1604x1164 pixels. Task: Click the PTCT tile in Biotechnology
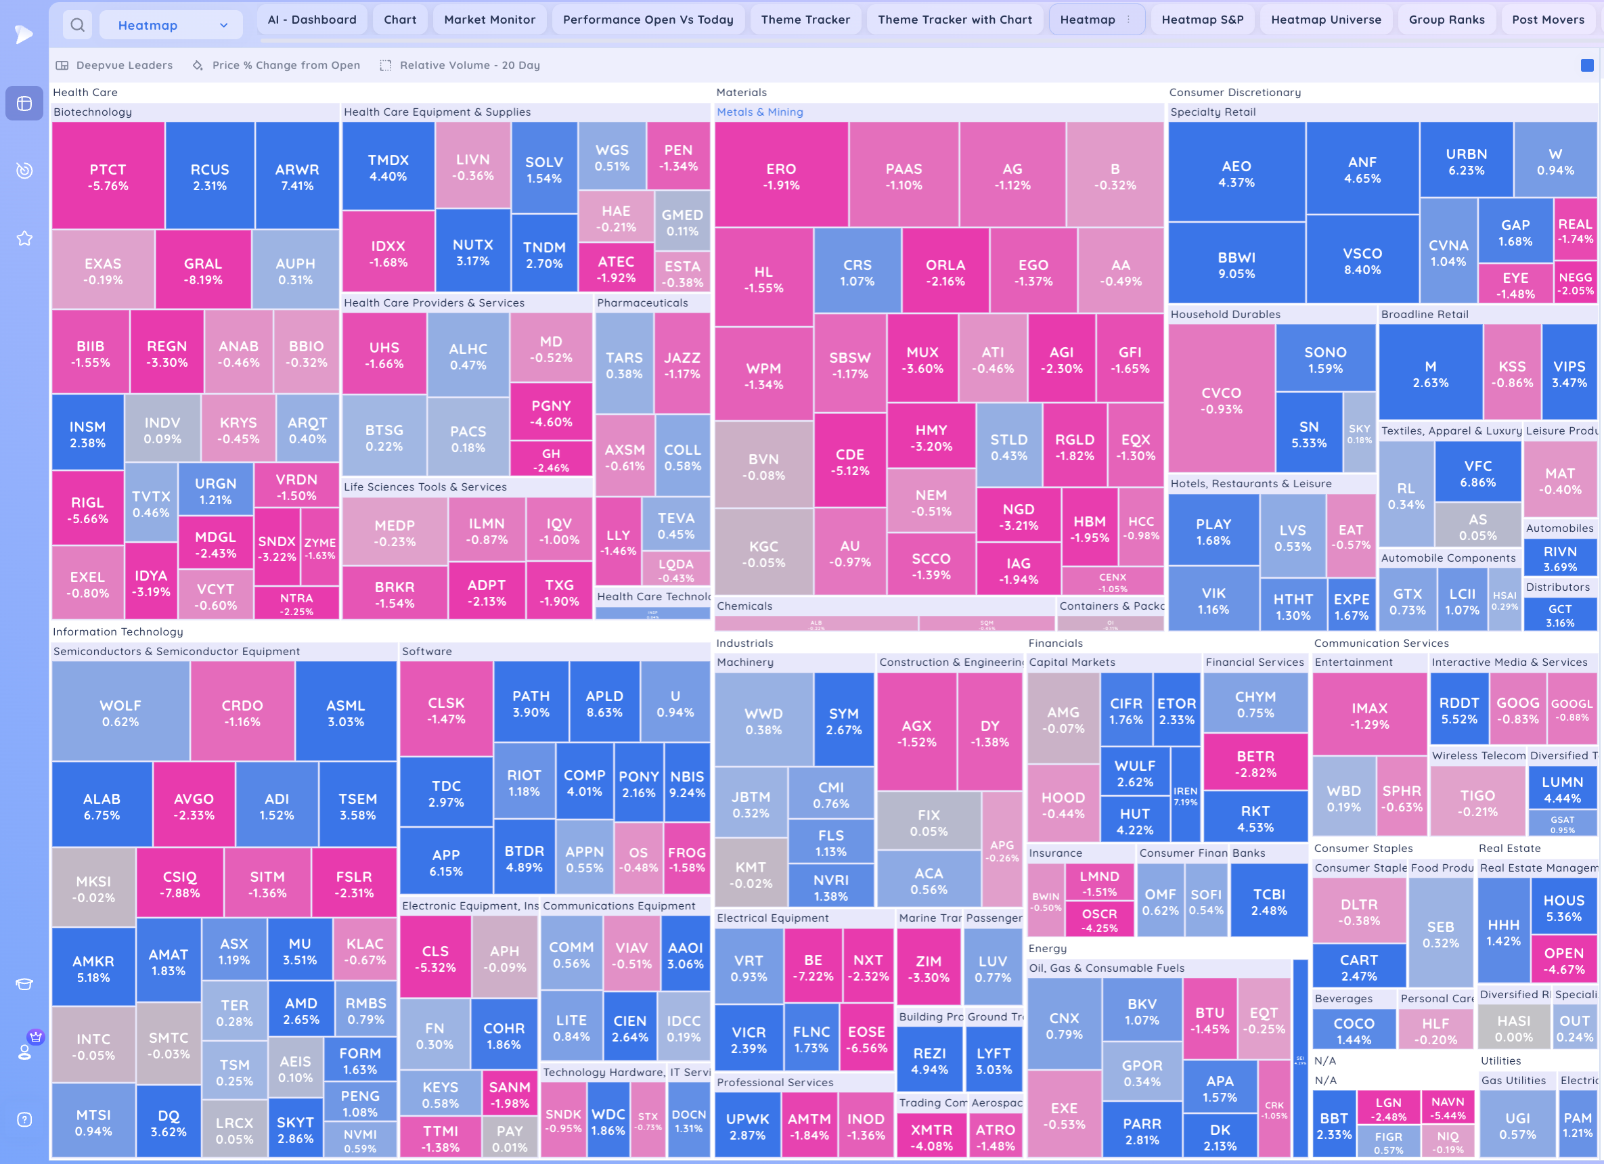coord(108,177)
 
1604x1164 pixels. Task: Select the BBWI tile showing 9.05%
coord(1237,265)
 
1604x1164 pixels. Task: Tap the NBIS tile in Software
coord(687,784)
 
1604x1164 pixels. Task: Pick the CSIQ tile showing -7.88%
coord(179,884)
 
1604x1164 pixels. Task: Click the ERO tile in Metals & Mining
coord(781,176)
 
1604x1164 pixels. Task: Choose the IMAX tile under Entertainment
coord(1369,715)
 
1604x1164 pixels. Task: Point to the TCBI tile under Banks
coord(1269,901)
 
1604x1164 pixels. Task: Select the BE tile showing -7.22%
coord(813,968)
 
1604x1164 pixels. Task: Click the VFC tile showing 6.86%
coord(1477,474)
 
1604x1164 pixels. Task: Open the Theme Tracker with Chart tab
coord(954,20)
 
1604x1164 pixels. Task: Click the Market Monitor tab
coord(489,20)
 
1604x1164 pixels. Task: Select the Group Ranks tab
coord(1446,20)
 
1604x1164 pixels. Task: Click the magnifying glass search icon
coord(78,26)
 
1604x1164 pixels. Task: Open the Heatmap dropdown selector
coord(171,26)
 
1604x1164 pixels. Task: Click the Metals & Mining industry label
coord(759,112)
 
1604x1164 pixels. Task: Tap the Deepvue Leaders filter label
coord(124,65)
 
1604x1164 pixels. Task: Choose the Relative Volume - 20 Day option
coord(470,65)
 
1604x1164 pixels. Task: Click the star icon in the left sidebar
coord(25,238)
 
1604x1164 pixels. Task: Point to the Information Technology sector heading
coord(117,631)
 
